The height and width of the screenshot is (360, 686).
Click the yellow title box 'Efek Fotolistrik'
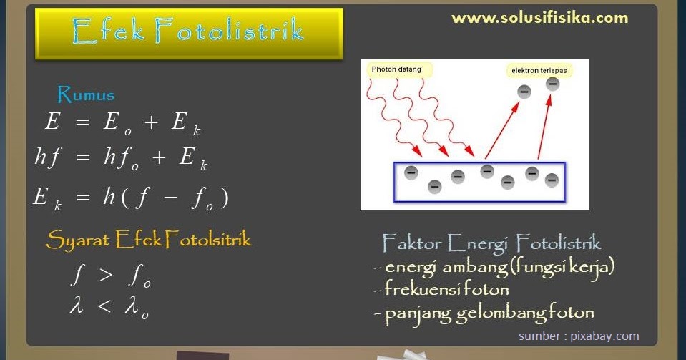point(189,33)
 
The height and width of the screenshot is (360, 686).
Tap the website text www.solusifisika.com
point(539,18)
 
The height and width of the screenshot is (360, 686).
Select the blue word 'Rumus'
point(86,94)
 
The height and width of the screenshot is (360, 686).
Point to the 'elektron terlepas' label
point(538,71)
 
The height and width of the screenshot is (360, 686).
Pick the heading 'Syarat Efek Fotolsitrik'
point(149,240)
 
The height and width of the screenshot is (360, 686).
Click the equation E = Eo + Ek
point(122,123)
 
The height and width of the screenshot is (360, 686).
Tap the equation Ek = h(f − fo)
point(131,197)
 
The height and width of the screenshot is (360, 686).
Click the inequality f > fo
point(111,276)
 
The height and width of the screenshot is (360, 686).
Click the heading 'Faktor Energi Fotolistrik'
point(491,243)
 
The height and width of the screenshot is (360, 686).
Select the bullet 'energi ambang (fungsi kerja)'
point(494,268)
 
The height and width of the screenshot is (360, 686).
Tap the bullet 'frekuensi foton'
point(441,290)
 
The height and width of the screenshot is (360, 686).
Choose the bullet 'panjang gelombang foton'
point(484,313)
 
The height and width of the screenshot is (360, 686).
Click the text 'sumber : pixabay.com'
point(579,336)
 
